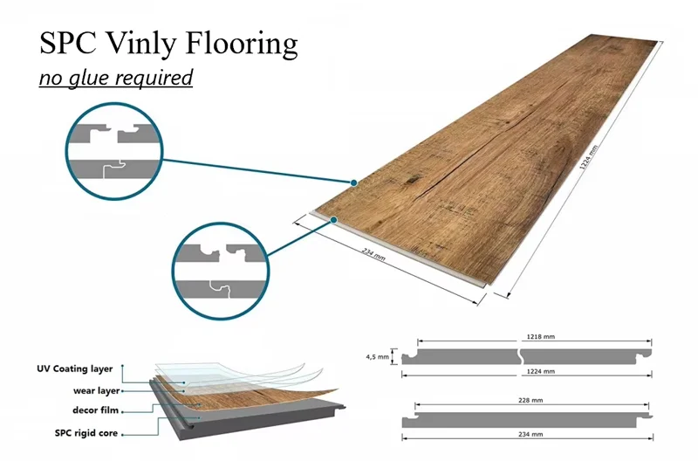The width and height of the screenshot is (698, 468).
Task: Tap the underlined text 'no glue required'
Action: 115,78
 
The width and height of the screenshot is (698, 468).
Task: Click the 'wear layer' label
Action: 97,390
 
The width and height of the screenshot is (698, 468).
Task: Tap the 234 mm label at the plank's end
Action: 374,257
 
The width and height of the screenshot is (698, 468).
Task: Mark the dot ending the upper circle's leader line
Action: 353,183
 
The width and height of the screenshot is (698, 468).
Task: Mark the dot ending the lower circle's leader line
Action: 334,220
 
